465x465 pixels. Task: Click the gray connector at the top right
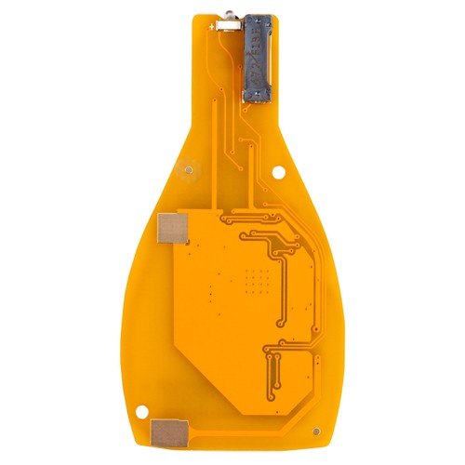(x=256, y=58)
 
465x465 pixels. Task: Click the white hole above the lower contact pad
(x=142, y=407)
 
